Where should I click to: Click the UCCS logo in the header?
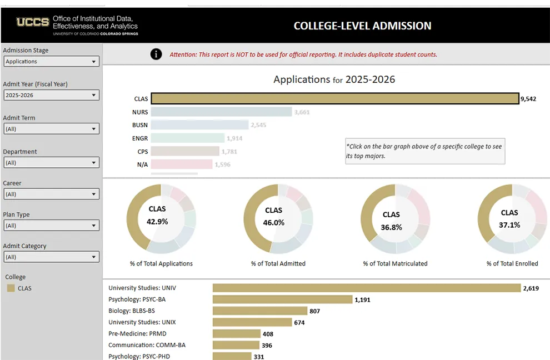coord(33,22)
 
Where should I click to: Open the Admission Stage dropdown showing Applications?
coord(51,62)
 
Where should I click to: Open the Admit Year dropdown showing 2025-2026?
coord(51,95)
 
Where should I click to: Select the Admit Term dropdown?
coord(51,129)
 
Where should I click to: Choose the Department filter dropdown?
coord(51,163)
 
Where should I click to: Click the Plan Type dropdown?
coord(51,226)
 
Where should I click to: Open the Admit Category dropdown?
coord(51,257)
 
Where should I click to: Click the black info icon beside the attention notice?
coord(156,54)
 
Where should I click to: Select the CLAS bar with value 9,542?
coord(334,99)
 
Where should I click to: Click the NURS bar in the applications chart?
coord(221,112)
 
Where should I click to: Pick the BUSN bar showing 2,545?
coord(199,125)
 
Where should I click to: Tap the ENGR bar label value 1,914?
coord(234,138)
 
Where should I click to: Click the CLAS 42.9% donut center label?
coord(157,216)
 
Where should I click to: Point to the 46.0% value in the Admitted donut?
coord(274,223)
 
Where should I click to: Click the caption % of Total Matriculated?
coord(395,263)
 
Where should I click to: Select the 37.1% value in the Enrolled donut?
coord(509,225)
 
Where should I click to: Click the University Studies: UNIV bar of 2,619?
coord(366,288)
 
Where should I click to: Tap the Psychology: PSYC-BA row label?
coord(137,299)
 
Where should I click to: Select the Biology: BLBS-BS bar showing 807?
coord(259,311)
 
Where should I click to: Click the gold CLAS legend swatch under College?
coord(11,288)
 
